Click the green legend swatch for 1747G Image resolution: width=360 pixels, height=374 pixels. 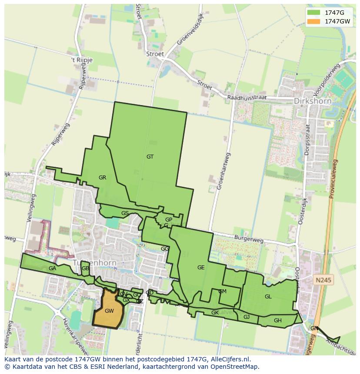pos(313,13)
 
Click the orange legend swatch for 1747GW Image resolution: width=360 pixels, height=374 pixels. pos(313,21)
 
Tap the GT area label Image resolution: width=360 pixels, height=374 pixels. pos(150,157)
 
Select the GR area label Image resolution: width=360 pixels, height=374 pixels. pos(102,178)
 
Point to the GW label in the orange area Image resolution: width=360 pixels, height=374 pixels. pos(109,311)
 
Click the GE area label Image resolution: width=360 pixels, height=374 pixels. pos(201,268)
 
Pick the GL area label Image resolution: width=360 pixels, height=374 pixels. pos(268,297)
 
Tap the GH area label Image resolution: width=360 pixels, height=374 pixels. pos(278,321)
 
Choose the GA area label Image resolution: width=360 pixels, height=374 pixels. pos(52,268)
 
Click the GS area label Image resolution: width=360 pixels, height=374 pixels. pos(125,213)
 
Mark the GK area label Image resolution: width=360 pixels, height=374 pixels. pos(215,313)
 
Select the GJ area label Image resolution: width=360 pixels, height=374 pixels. pos(247,317)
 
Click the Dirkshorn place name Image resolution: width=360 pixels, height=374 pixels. pos(313,101)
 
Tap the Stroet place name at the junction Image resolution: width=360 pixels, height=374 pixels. pos(155,54)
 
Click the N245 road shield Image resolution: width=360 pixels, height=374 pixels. pos(324,280)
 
